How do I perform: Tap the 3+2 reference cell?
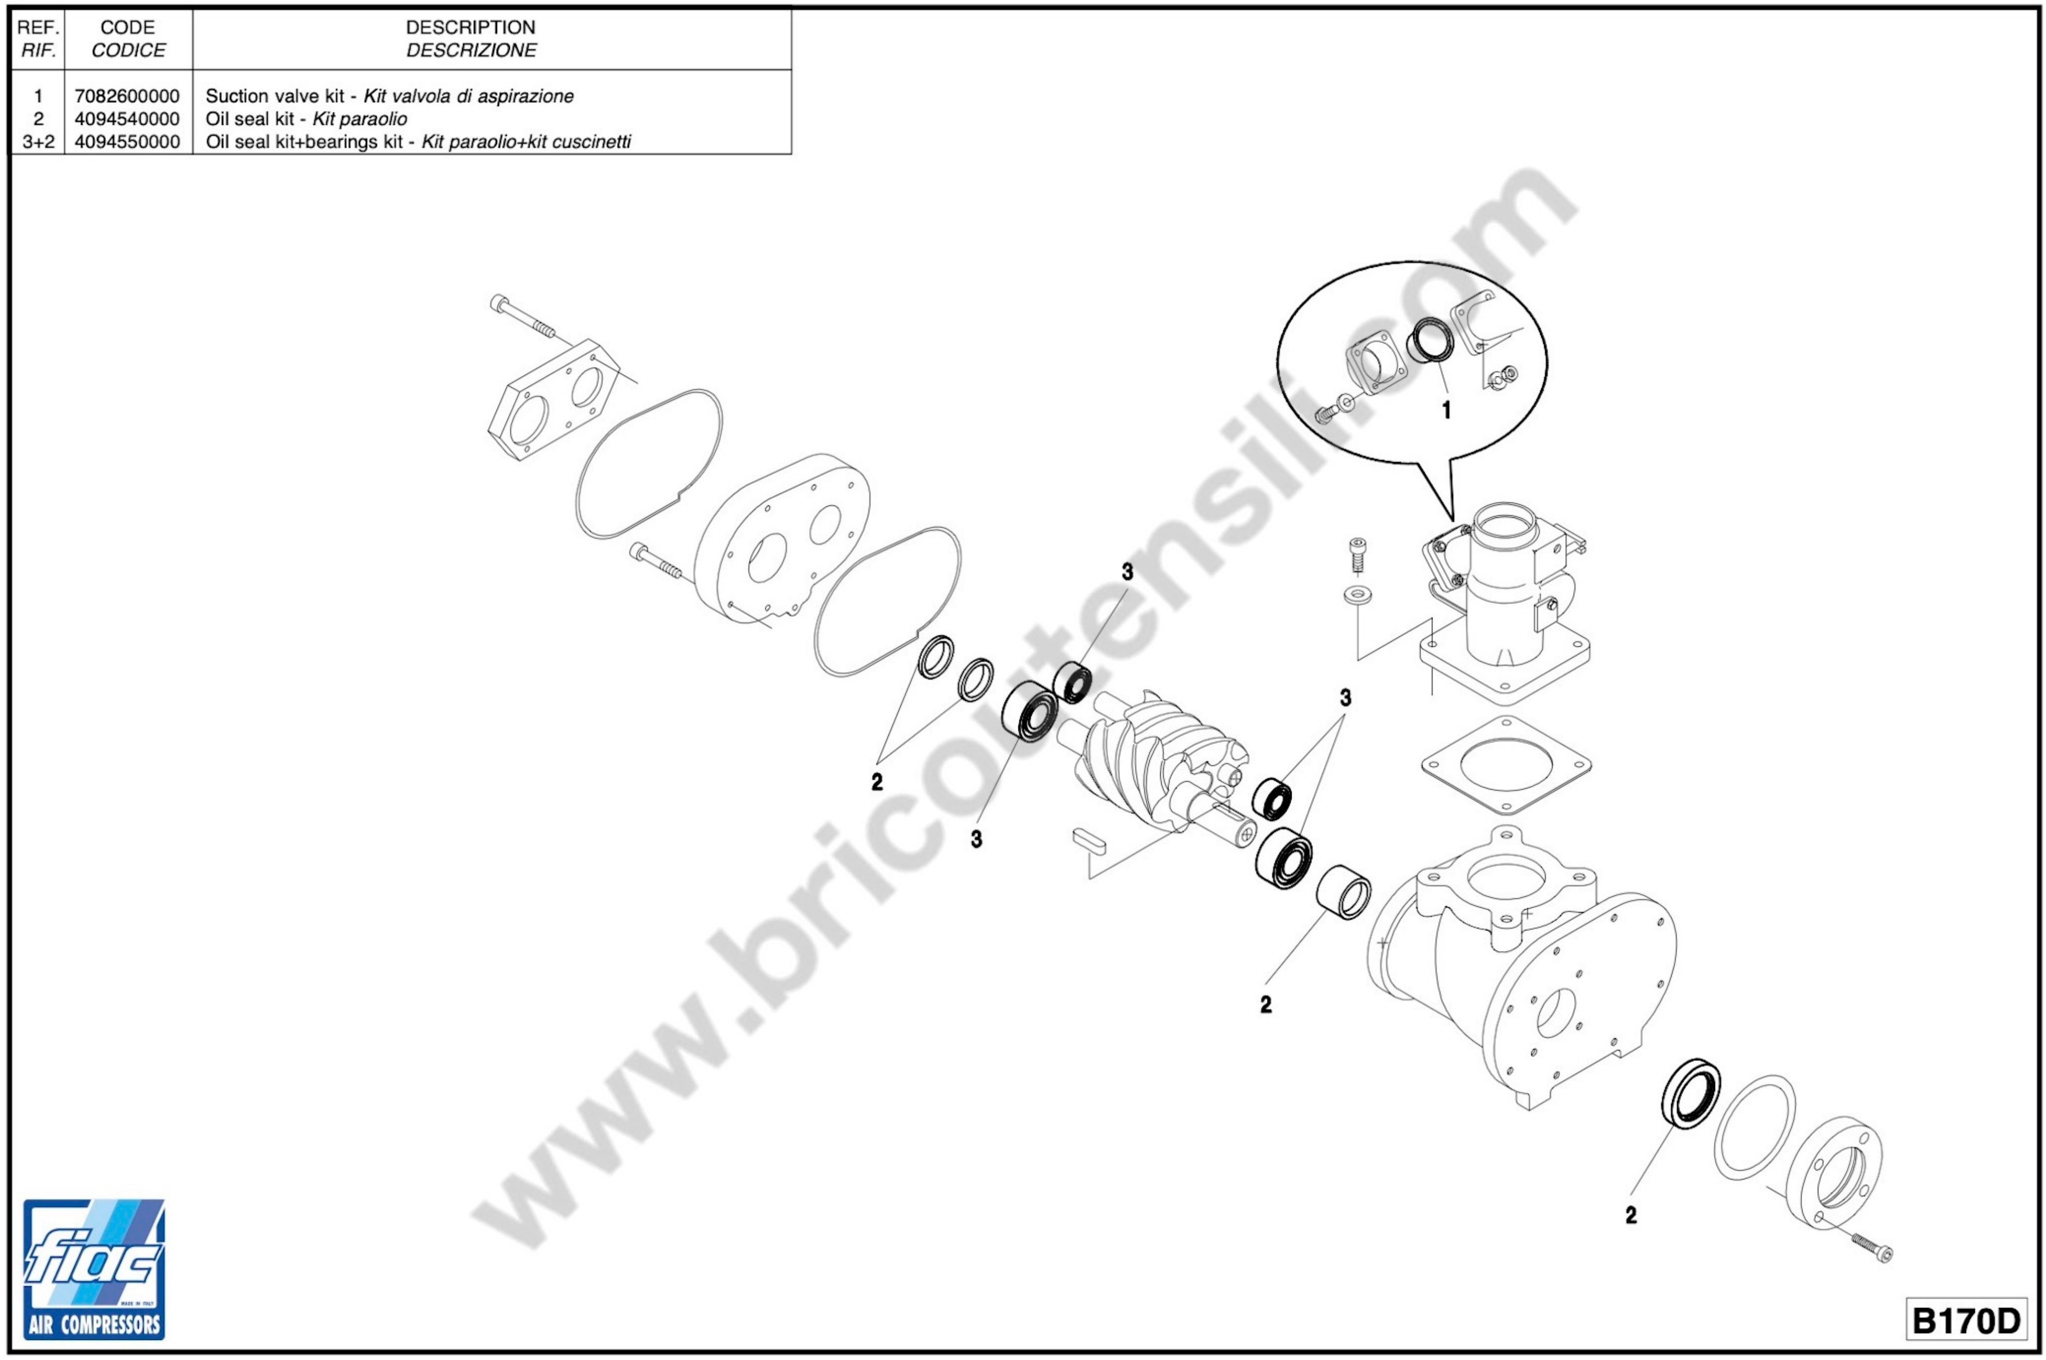point(38,141)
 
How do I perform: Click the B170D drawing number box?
point(1966,1321)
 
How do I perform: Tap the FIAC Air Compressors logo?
point(94,1268)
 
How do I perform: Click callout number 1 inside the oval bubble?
point(1446,410)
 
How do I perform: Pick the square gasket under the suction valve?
point(1507,765)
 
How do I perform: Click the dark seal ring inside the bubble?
point(1430,340)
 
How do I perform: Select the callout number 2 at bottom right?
point(1631,1215)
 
